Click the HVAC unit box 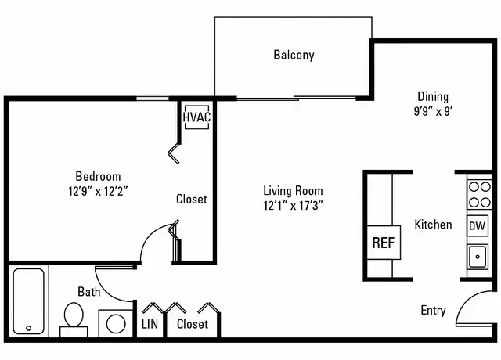(x=196, y=117)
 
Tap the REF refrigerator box (x=384, y=243)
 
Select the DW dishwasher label (x=478, y=226)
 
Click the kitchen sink (x=478, y=257)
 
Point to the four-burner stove (x=479, y=194)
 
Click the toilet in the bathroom (x=74, y=319)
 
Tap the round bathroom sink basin (x=116, y=323)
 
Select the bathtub (x=28, y=301)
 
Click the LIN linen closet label (x=150, y=324)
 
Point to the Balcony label (x=294, y=55)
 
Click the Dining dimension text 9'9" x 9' (x=433, y=111)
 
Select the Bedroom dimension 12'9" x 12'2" (x=98, y=191)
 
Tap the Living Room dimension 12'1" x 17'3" (x=293, y=205)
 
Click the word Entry (x=433, y=310)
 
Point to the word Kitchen (x=433, y=225)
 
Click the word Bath (x=88, y=292)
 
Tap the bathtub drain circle (x=28, y=328)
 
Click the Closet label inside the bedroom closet (x=192, y=199)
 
